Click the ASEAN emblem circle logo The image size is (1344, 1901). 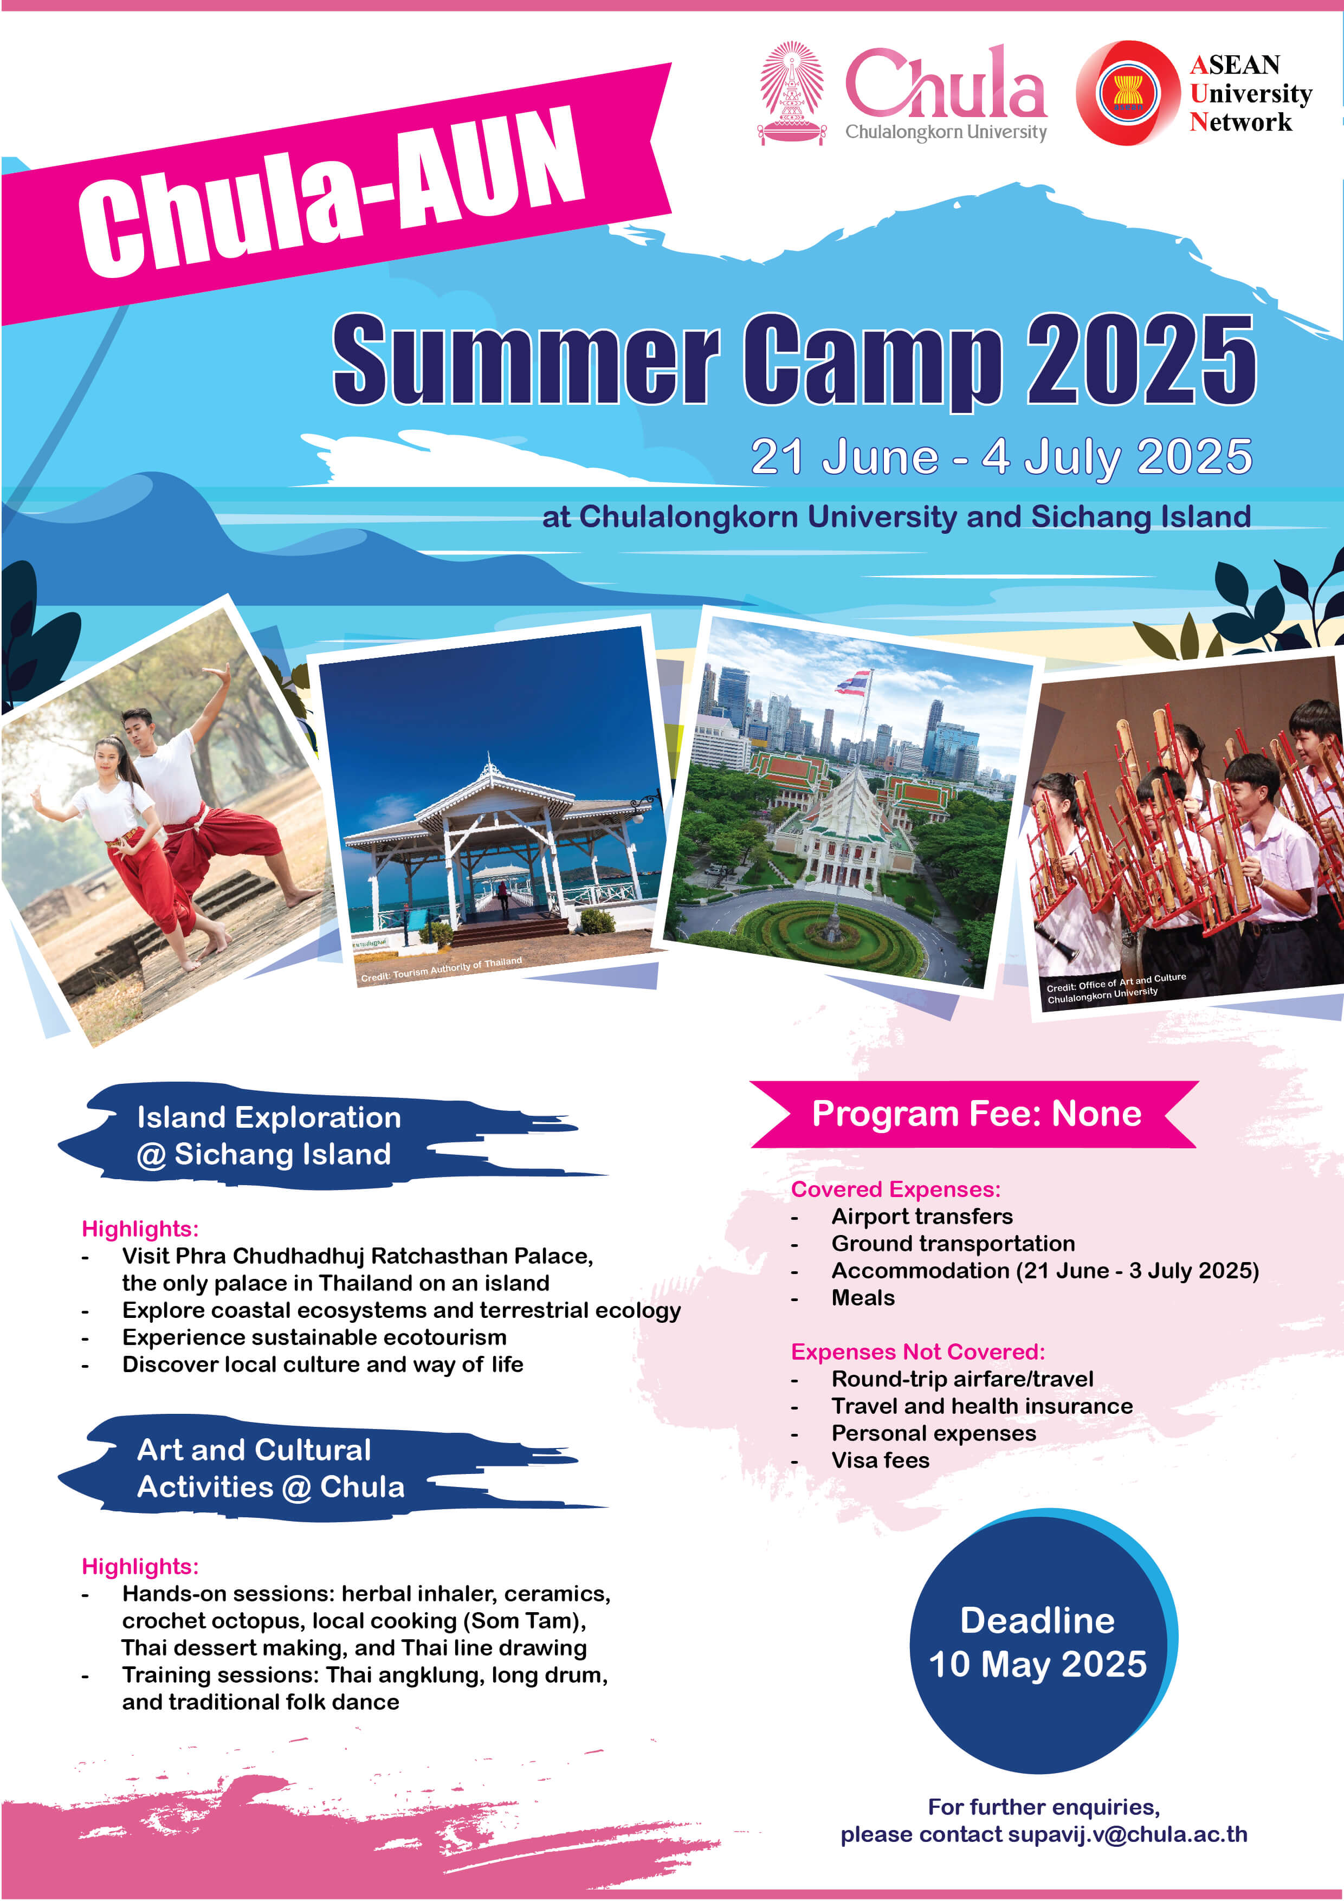tap(1128, 93)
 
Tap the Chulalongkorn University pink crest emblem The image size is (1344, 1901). tap(792, 93)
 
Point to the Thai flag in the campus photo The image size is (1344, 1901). tap(854, 682)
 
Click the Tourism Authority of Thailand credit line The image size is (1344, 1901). tap(441, 969)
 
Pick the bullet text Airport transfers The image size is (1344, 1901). tap(922, 1216)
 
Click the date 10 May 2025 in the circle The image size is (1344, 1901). tap(1038, 1664)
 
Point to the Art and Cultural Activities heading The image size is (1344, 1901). tap(270, 1468)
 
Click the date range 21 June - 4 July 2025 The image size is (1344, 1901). tap(1001, 456)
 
